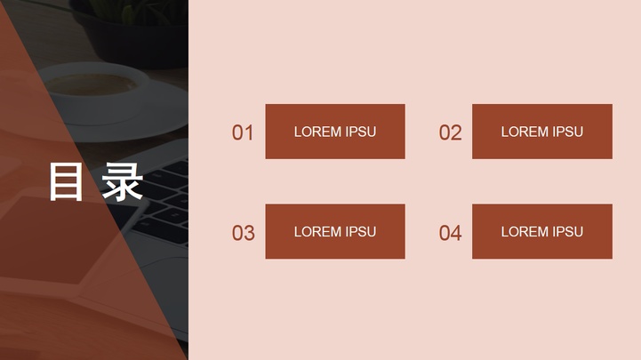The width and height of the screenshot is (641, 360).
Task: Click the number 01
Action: tap(243, 132)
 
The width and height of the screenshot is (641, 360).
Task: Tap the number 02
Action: tap(450, 132)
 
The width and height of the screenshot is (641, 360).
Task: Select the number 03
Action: tap(243, 233)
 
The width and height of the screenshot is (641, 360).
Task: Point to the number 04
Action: tap(450, 233)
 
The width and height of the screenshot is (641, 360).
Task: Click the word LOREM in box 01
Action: tap(317, 132)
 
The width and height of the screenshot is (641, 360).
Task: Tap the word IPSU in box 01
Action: tap(361, 132)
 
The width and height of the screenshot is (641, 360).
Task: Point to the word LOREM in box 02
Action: tap(525, 132)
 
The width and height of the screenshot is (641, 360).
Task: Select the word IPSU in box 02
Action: tap(568, 132)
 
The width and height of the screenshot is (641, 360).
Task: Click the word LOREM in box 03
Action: tap(317, 232)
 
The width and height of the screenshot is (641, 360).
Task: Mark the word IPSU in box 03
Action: tap(361, 232)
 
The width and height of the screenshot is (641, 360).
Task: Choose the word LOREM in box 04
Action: tap(525, 232)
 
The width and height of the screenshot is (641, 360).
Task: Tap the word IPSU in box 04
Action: tap(568, 232)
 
